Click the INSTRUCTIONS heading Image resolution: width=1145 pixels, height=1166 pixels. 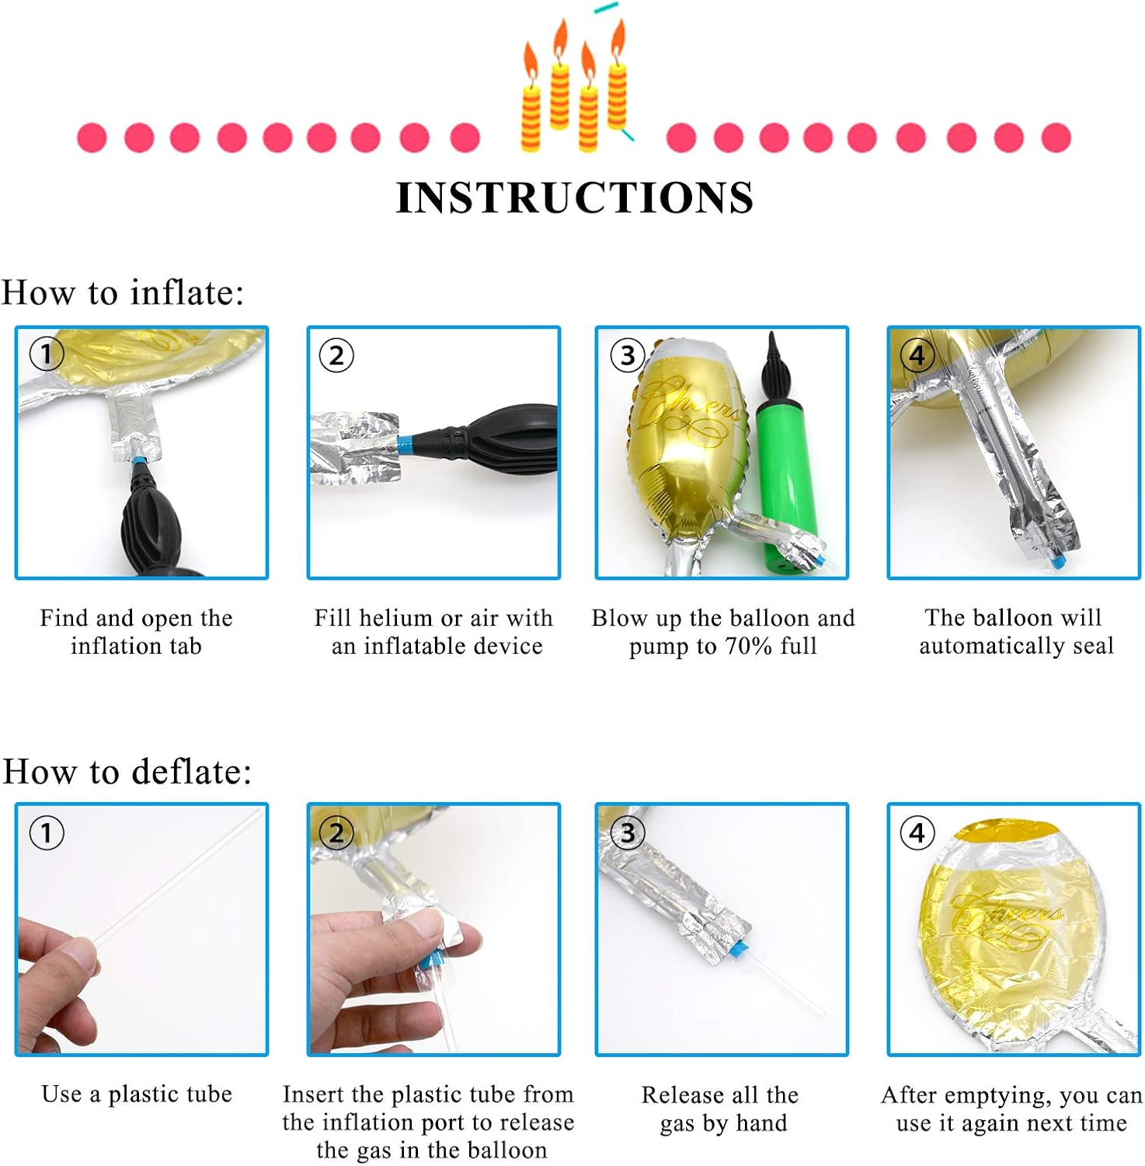pyautogui.click(x=574, y=197)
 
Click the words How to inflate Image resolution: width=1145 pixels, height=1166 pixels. pyautogui.click(x=123, y=293)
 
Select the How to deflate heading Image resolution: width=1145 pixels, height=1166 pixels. pyautogui.click(x=127, y=772)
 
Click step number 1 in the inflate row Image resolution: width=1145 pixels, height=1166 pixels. pyautogui.click(x=46, y=354)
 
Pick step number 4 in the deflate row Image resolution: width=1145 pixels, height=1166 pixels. pyautogui.click(x=917, y=833)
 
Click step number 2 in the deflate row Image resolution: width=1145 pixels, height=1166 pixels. pyautogui.click(x=336, y=833)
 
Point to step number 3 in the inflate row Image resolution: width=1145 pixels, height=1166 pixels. pyautogui.click(x=627, y=355)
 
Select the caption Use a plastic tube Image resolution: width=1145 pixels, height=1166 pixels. pyautogui.click(x=137, y=1094)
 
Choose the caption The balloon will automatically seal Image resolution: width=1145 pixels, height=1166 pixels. pyautogui.click(x=1016, y=631)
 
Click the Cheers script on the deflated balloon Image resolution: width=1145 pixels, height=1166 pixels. pyautogui.click(x=1007, y=918)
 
